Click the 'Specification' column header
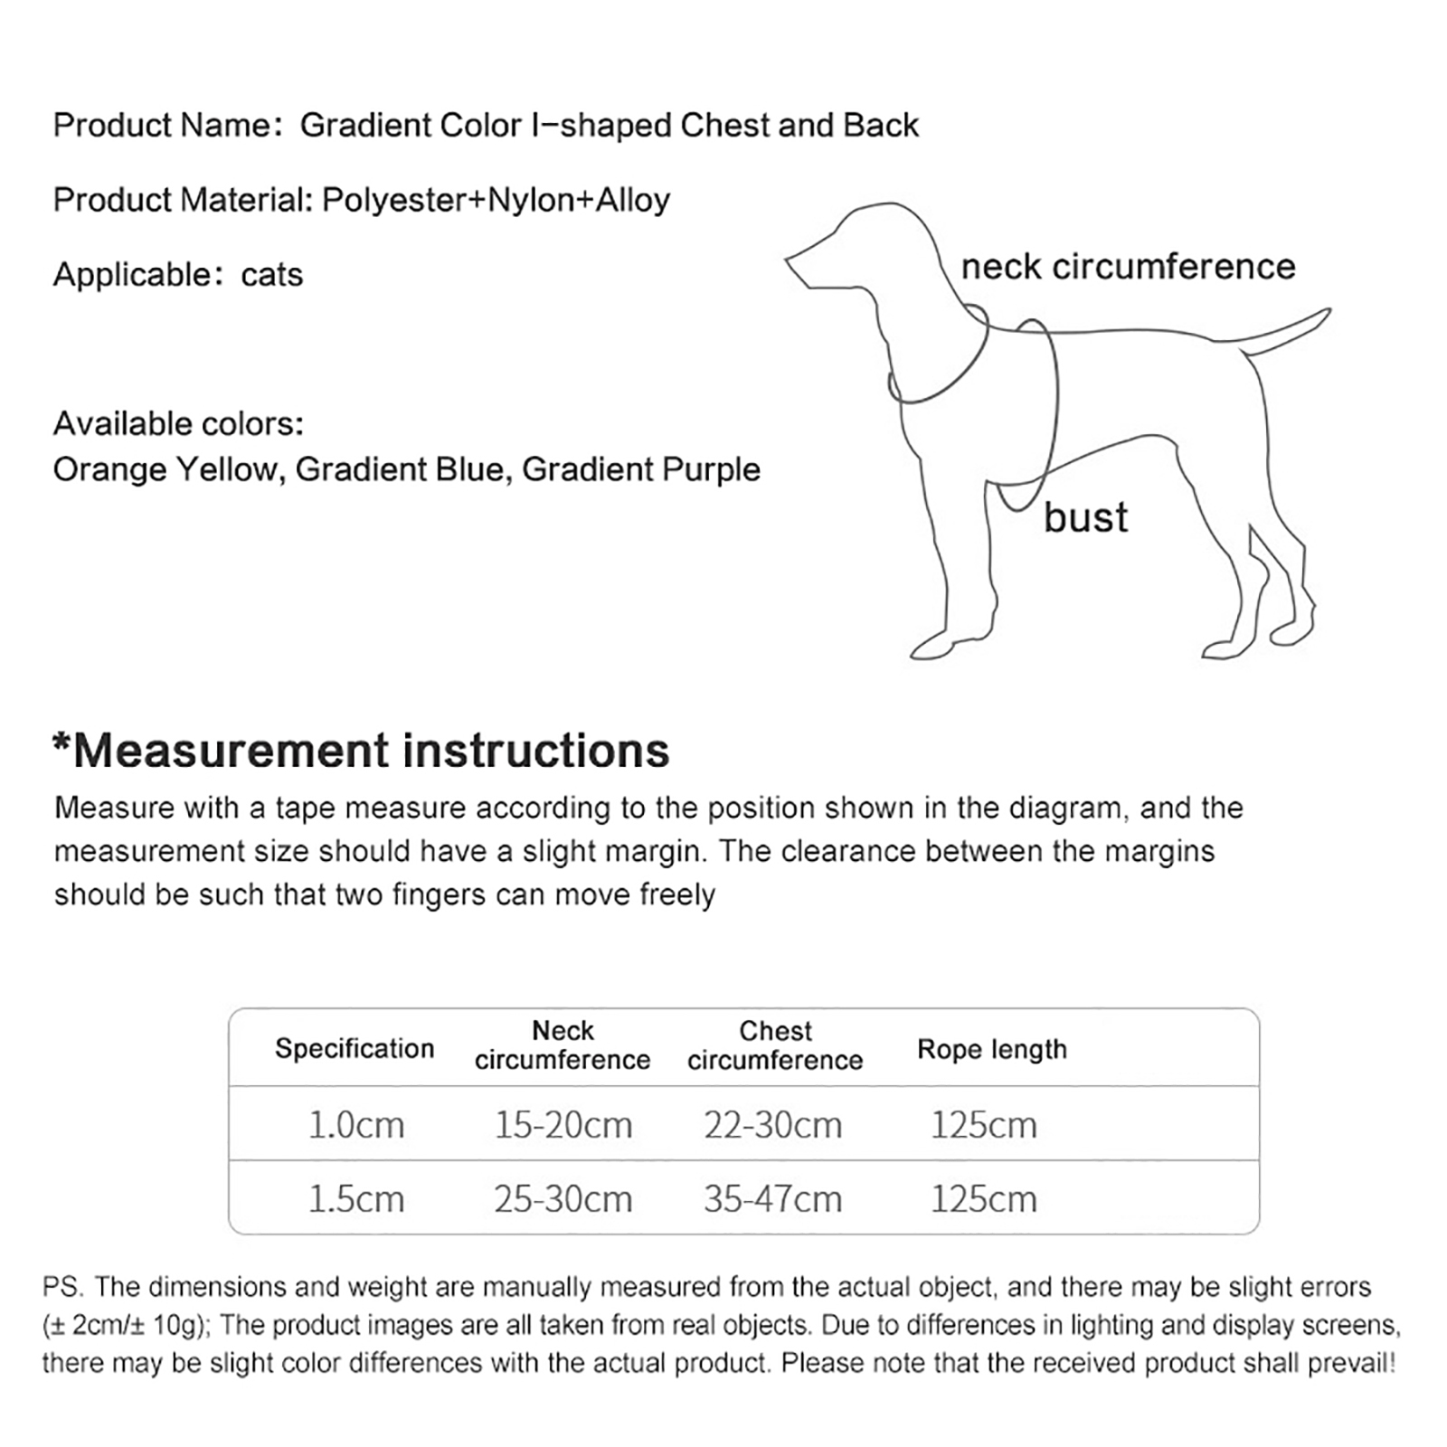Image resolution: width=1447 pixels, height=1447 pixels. [x=355, y=1048]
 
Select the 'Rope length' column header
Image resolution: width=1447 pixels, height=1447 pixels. [x=992, y=1049]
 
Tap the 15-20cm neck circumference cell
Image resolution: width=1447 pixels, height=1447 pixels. [x=563, y=1125]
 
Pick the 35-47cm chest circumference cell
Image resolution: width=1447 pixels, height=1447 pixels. [x=772, y=1199]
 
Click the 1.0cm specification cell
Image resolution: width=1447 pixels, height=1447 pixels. [x=355, y=1125]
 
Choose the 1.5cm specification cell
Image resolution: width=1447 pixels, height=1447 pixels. [x=355, y=1199]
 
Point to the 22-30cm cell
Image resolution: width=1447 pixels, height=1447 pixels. [x=772, y=1125]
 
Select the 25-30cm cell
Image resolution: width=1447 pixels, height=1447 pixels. [x=563, y=1199]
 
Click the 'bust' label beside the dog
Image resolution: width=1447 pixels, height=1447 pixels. [x=1085, y=517]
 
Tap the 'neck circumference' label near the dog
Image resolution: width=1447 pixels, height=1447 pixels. [x=1128, y=267]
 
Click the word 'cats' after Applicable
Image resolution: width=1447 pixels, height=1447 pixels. [x=271, y=275]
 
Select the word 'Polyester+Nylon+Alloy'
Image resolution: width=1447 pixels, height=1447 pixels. [x=496, y=200]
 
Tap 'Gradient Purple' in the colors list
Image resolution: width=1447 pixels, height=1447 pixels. [x=641, y=469]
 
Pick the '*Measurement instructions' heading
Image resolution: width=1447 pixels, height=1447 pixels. [x=361, y=751]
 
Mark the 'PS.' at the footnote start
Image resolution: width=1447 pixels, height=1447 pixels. [x=61, y=1287]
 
